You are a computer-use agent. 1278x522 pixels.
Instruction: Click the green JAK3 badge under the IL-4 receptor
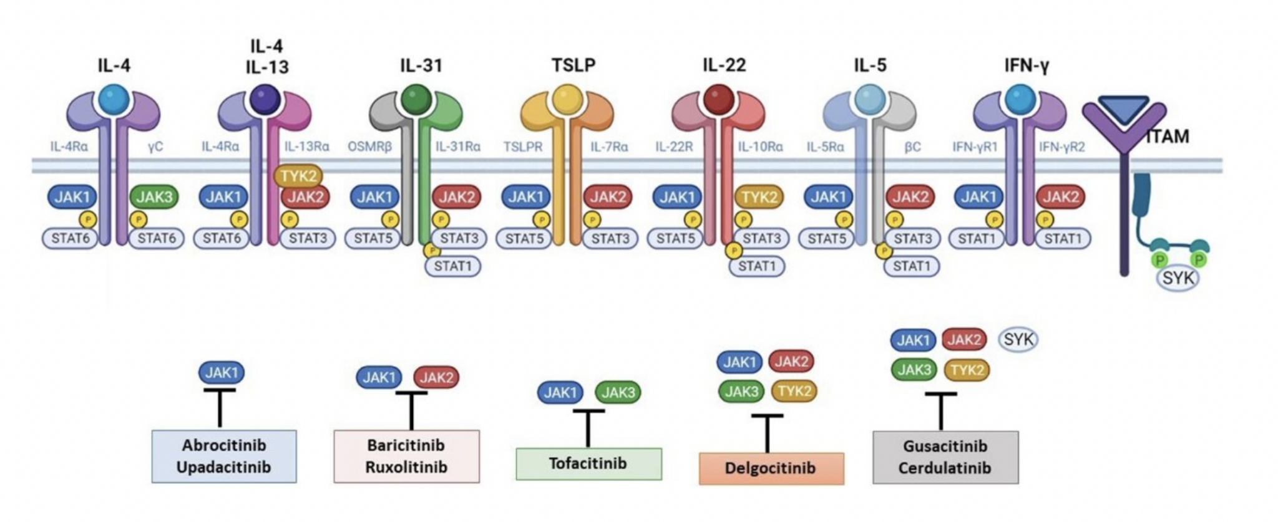[x=154, y=197]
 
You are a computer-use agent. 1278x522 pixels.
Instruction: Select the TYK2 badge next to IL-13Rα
[x=298, y=176]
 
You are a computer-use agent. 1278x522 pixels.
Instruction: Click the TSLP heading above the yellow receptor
[x=573, y=65]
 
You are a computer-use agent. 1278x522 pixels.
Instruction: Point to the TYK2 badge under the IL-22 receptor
[x=759, y=197]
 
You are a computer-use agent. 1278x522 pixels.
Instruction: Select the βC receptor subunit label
[x=912, y=147]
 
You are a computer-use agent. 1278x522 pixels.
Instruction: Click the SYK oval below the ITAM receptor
[x=1178, y=278]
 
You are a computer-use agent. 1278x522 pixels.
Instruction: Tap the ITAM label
[x=1168, y=137]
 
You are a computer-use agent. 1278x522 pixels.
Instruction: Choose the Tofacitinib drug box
[x=588, y=463]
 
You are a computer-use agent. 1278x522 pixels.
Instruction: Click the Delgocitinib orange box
[x=771, y=468]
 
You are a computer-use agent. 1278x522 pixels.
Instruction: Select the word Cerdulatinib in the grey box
[x=944, y=468]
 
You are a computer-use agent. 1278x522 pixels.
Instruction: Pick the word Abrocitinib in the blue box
[x=224, y=445]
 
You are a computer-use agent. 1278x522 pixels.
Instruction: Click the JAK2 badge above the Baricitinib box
[x=436, y=377]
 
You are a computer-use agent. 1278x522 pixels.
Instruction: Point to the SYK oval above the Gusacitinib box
[x=1018, y=340]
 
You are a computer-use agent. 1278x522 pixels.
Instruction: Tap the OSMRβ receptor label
[x=369, y=147]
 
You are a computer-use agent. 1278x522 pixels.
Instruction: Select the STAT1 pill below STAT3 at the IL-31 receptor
[x=452, y=266]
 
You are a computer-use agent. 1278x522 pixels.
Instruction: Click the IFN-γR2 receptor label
[x=1061, y=147]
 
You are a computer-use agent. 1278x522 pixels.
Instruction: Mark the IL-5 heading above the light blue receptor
[x=870, y=65]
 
